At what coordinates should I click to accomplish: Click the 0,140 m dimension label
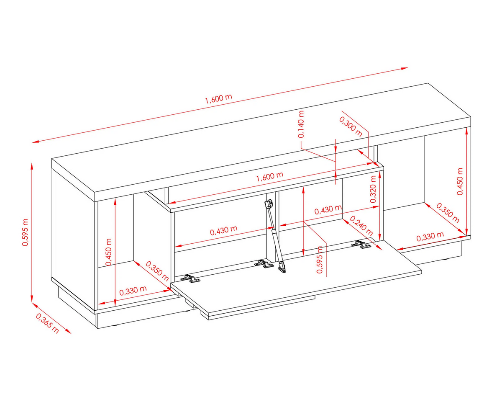(x=301, y=124)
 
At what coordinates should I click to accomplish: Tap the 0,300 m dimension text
(x=351, y=126)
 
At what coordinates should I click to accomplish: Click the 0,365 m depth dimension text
(x=47, y=323)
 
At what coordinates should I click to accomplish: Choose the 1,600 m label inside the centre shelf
(x=270, y=177)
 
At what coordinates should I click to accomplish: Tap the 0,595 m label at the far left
(x=25, y=232)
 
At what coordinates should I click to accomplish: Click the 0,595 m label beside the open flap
(x=320, y=260)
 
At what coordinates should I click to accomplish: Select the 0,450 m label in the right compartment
(x=460, y=181)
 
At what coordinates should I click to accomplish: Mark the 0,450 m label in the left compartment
(x=108, y=252)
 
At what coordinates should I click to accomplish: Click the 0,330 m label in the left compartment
(x=133, y=291)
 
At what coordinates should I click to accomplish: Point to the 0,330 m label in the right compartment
(x=430, y=237)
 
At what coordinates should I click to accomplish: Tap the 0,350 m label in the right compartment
(x=448, y=213)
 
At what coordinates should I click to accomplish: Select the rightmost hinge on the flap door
(x=361, y=244)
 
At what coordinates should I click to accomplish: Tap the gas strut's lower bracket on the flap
(x=282, y=267)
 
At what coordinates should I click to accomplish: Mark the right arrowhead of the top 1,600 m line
(x=404, y=68)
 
